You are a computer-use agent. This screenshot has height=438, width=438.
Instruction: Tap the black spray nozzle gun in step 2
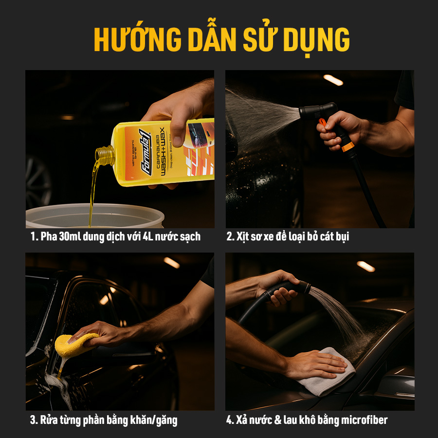(x=319, y=113)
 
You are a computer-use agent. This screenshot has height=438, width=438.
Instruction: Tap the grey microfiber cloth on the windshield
(x=326, y=372)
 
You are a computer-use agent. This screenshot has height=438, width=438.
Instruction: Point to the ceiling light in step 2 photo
(x=333, y=80)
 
